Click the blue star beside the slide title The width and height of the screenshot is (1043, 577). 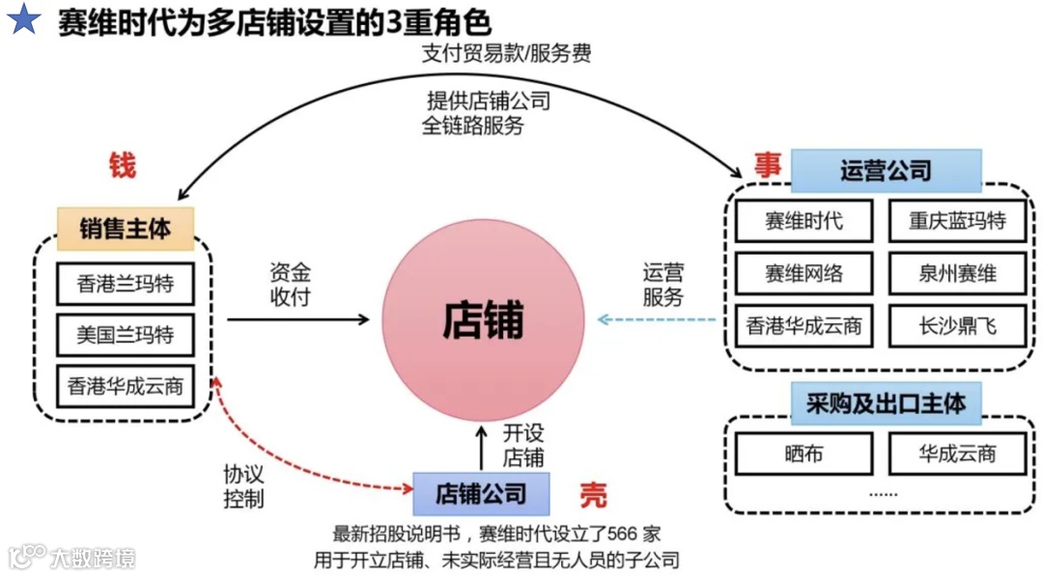click(23, 20)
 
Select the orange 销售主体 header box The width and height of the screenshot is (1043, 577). click(126, 229)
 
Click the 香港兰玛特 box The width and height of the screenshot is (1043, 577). click(126, 285)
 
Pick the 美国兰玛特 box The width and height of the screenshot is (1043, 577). click(126, 336)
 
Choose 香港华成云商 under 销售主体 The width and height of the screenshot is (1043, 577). click(126, 388)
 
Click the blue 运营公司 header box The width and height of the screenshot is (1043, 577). click(886, 172)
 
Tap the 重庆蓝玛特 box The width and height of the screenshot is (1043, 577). click(956, 221)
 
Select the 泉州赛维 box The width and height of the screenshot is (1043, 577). click(956, 274)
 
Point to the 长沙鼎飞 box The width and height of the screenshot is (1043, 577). click(956, 326)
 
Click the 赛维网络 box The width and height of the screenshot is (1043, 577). click(803, 274)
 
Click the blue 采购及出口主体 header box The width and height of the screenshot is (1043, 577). click(886, 403)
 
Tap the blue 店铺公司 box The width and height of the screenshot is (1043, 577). click(481, 494)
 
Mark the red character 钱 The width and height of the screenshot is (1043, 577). click(122, 166)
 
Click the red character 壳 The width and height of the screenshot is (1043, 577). click(593, 495)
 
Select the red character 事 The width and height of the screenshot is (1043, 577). click(768, 164)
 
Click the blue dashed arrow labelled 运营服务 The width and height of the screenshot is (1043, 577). click(657, 319)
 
